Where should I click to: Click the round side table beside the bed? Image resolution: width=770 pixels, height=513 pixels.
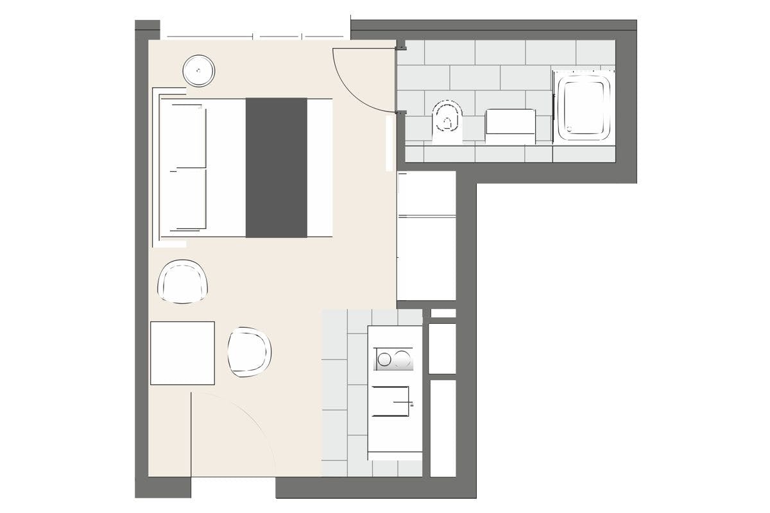(x=198, y=71)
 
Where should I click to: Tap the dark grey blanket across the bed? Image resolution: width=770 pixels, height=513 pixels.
(x=277, y=167)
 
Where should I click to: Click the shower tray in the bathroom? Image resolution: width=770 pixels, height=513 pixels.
(x=584, y=106)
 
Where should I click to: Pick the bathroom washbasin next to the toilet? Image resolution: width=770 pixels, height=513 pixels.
(x=511, y=124)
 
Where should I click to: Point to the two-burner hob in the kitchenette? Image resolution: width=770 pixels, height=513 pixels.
(x=393, y=358)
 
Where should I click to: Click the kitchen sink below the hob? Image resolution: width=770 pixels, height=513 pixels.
(x=392, y=401)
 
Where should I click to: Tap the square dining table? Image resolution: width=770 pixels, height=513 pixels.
(x=182, y=353)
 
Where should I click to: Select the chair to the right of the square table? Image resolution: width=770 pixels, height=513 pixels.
(x=249, y=351)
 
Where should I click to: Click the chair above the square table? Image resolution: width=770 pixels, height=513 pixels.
(x=183, y=281)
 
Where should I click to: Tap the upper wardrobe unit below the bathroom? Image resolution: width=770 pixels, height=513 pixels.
(x=426, y=193)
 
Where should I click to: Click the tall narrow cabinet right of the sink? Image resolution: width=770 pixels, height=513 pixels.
(x=442, y=428)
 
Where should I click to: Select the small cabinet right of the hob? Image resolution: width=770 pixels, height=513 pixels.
(x=442, y=348)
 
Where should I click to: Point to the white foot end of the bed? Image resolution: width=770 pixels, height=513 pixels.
(x=320, y=167)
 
